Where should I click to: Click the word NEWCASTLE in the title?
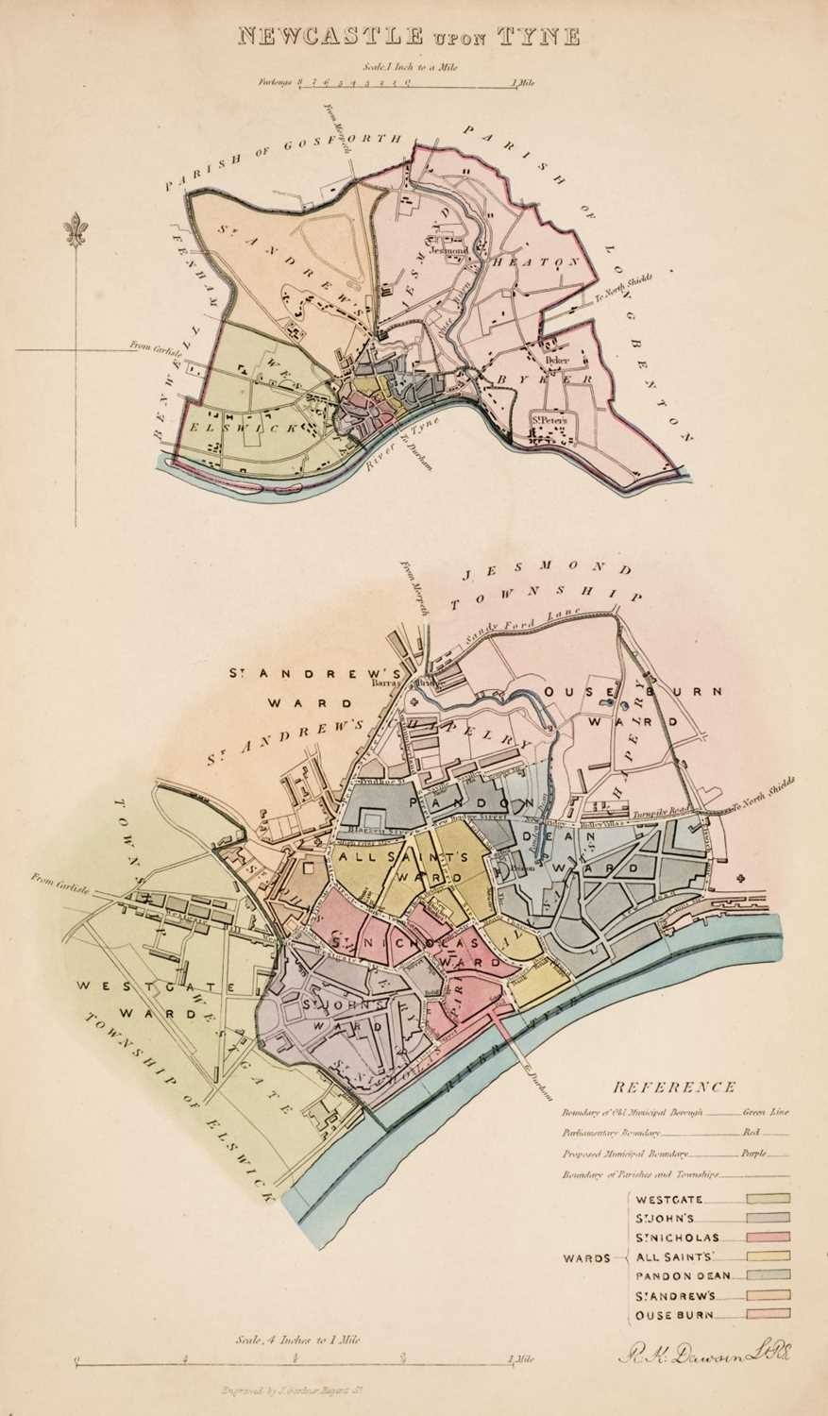[315, 37]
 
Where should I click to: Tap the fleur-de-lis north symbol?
[76, 231]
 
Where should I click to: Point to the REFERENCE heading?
[674, 1087]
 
